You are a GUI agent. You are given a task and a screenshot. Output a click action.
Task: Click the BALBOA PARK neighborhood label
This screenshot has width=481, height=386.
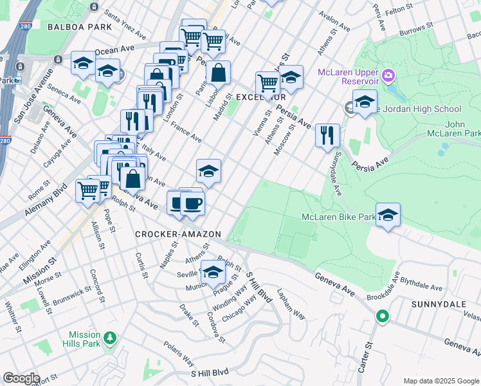click(77, 27)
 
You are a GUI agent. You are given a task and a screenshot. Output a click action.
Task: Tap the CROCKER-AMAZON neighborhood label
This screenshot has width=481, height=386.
click(178, 234)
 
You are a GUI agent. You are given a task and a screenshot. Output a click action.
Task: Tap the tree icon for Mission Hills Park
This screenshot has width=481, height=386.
click(110, 338)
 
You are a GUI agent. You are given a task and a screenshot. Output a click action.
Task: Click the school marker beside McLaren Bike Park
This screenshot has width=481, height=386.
click(388, 216)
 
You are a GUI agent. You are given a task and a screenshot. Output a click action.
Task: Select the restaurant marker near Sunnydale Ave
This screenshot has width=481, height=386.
click(327, 135)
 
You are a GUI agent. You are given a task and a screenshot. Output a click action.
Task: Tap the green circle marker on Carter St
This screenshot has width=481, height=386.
click(382, 316)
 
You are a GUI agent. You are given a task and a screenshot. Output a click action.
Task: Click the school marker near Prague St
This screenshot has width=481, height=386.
click(213, 273)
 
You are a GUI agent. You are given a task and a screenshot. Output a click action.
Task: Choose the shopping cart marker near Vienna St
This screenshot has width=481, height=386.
click(268, 83)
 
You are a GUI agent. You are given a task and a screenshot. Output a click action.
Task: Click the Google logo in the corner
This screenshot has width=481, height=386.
click(21, 378)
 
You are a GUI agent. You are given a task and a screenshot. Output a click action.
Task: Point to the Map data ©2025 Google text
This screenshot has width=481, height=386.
click(440, 381)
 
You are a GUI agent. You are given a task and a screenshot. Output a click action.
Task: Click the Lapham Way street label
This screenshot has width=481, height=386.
click(291, 304)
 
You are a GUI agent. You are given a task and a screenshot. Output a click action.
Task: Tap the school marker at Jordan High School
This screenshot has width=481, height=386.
click(364, 103)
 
